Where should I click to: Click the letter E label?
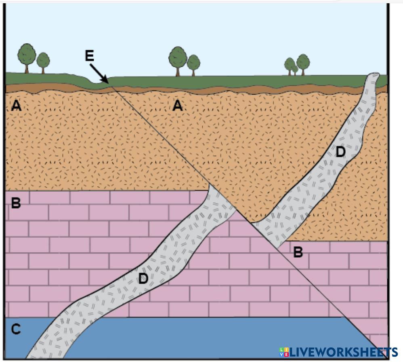90,56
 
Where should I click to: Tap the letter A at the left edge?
16,106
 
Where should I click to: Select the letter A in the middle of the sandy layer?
177,106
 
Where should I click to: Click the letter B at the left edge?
16,203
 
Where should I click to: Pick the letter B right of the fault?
298,252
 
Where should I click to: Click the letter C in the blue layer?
16,330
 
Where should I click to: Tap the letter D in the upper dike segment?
341,152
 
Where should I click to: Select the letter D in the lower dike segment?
143,278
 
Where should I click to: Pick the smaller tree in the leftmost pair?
43,61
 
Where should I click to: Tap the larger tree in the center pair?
178,57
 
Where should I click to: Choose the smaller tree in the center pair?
193,63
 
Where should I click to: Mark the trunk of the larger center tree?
178,71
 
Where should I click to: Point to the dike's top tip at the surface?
374,76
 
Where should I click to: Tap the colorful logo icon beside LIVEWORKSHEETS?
284,352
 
